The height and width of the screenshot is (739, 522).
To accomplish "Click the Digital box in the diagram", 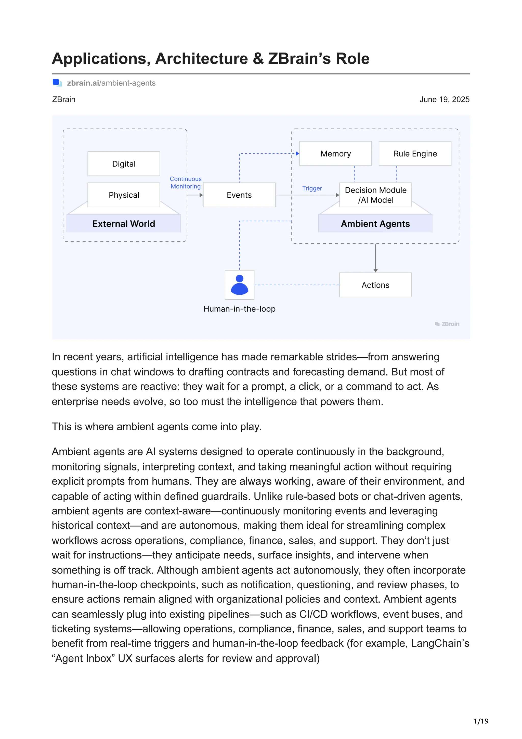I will pos(124,164).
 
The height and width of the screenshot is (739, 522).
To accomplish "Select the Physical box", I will pos(124,195).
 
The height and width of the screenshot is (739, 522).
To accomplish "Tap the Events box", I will pos(239,195).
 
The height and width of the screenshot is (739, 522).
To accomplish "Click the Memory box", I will pos(335,154).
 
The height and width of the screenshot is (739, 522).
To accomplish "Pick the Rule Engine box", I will pos(415,154).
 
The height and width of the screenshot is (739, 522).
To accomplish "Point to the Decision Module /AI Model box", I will pos(375,195).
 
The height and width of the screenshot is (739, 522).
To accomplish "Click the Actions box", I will pos(375,285).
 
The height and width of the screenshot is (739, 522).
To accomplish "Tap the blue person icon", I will pos(239,285).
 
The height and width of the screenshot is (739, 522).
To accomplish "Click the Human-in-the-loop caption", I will pos(239,309).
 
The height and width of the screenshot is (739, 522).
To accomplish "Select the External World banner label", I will pos(124,224).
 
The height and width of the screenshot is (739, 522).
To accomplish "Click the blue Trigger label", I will pos(312,188).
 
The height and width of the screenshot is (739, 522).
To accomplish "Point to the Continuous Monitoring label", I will pos(186,183).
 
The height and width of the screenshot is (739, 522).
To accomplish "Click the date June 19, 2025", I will pos(444,99).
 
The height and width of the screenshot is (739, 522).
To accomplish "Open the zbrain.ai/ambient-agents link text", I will pos(111,83).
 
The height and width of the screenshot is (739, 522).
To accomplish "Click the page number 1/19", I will pos(480,721).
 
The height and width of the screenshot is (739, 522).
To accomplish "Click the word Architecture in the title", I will pos(202,59).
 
